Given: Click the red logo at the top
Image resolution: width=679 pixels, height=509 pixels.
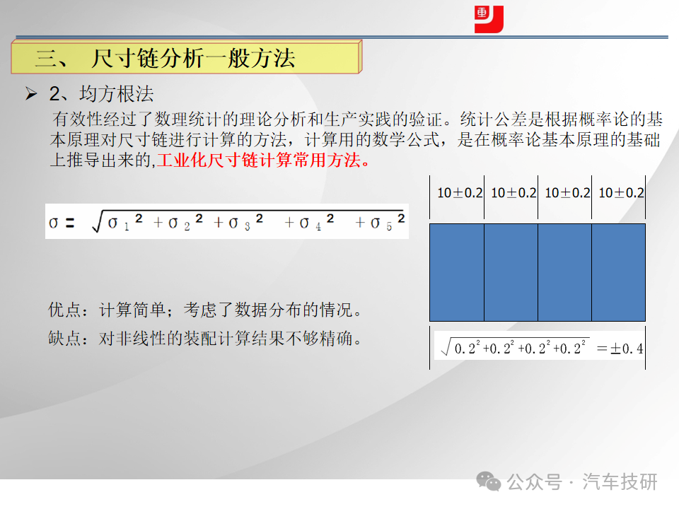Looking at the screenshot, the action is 489,19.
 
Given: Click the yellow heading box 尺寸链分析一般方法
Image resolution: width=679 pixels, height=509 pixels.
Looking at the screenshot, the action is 187,57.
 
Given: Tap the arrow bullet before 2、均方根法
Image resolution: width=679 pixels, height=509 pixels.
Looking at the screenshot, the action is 31,93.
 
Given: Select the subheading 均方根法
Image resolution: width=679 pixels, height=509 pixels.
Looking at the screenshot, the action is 117,94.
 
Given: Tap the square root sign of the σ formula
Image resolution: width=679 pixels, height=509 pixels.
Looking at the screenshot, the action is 98,221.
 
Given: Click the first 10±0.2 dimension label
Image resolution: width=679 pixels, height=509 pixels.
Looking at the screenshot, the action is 460,192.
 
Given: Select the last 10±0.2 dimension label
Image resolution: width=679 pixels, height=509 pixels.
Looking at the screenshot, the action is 621,192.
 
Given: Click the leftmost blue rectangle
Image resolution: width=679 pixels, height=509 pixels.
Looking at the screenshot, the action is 457,273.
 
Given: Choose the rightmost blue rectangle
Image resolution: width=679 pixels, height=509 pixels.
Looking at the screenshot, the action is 618,273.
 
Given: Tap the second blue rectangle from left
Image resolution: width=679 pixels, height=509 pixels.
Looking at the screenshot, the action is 511,273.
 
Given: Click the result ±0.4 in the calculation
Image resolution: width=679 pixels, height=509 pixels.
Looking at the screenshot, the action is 627,349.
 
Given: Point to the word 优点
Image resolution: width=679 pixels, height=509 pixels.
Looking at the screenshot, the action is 64,310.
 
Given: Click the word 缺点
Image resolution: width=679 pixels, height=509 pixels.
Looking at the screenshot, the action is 64,338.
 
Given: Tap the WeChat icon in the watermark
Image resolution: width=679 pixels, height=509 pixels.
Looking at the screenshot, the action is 489,481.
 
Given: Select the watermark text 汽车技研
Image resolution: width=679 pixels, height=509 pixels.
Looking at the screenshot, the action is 620,481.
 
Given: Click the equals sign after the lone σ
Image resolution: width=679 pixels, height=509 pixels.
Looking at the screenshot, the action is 70,223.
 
